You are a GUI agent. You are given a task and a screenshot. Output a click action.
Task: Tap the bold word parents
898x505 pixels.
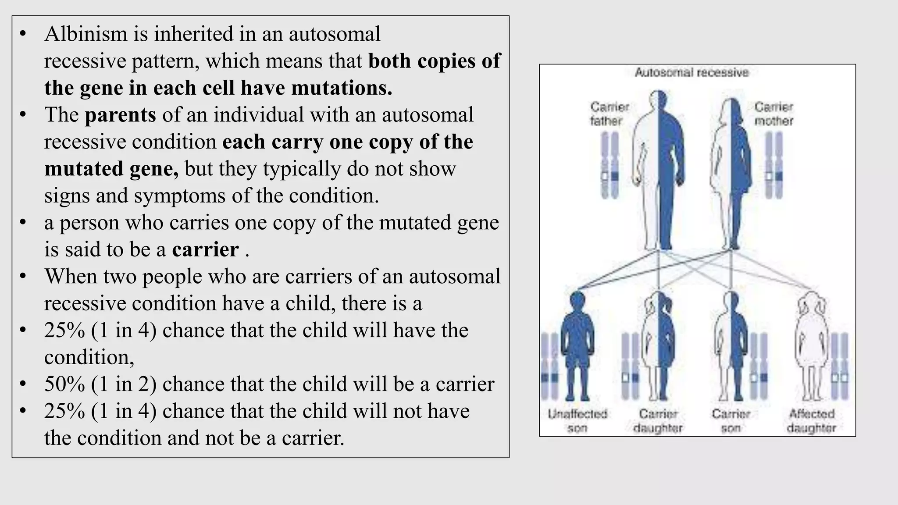click(x=120, y=115)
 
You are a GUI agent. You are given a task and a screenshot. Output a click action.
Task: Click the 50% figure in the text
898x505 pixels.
click(x=64, y=384)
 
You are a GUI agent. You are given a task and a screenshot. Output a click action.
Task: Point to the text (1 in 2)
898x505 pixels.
click(x=124, y=384)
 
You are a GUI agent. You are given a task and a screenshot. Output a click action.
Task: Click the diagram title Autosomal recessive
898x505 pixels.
click(x=691, y=72)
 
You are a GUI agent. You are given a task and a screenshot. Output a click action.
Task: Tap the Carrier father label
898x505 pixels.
click(x=609, y=114)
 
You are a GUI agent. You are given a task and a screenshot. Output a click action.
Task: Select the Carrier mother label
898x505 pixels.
click(x=774, y=114)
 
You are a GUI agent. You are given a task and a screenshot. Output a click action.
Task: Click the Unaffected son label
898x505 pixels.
click(x=577, y=421)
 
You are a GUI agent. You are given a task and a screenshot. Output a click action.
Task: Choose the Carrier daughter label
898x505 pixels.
click(x=658, y=421)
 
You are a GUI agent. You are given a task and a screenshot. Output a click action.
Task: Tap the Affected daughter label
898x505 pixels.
click(x=812, y=421)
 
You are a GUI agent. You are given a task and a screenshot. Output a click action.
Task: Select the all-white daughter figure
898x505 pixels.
click(x=811, y=346)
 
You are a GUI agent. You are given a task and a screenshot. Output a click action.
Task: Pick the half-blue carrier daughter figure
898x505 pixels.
click(x=658, y=346)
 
